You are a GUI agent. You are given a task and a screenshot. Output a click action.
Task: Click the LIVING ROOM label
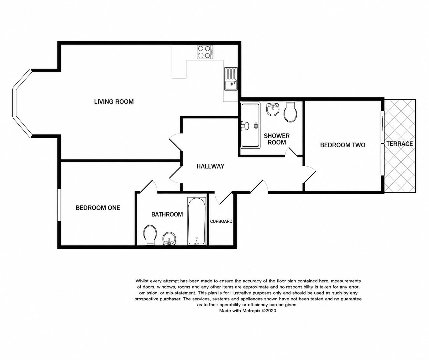click(114, 102)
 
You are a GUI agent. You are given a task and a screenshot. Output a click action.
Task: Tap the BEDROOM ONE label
click(98, 208)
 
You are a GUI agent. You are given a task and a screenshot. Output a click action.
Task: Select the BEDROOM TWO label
click(343, 145)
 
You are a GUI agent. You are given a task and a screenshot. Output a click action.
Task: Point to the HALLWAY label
click(210, 166)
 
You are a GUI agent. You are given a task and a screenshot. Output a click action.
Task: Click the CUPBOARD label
click(221, 221)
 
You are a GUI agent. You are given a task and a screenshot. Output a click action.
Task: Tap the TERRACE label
click(400, 143)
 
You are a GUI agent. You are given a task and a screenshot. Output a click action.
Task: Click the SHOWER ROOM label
click(277, 139)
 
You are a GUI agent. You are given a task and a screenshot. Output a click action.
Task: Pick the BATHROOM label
click(167, 214)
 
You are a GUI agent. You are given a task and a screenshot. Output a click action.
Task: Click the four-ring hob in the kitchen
click(205, 52)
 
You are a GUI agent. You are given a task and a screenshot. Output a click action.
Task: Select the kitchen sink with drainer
click(231, 79)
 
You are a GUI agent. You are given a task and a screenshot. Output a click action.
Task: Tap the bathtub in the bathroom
click(196, 221)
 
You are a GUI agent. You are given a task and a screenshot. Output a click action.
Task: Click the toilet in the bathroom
click(150, 235)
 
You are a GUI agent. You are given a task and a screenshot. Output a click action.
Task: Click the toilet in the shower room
click(290, 112)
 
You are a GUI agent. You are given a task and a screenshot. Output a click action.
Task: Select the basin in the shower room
click(273, 109)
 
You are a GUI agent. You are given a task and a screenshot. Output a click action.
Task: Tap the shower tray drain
click(256, 126)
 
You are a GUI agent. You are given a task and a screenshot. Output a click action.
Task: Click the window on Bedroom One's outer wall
click(59, 205)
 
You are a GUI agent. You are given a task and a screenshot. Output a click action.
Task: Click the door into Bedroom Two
click(309, 175)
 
